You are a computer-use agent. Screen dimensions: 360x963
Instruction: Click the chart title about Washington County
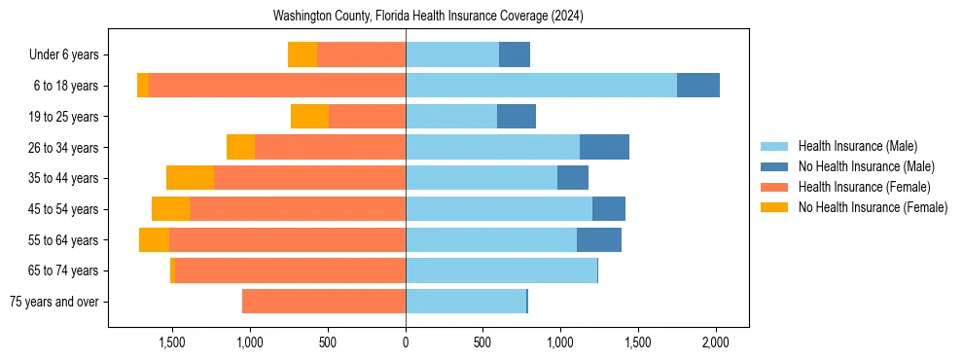point(428,17)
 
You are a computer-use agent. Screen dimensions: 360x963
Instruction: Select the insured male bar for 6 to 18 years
point(541,86)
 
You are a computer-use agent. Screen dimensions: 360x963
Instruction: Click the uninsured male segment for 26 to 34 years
point(604,147)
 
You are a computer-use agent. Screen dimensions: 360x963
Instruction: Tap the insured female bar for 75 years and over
point(324,302)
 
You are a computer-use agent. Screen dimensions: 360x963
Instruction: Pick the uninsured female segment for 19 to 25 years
point(309,117)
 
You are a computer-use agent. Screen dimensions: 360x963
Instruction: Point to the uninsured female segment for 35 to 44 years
point(190,178)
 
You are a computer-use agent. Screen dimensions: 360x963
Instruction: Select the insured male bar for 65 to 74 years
point(501,270)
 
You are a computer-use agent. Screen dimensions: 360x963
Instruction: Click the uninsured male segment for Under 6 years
point(515,54)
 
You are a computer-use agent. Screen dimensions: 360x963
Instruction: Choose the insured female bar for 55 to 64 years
point(287,239)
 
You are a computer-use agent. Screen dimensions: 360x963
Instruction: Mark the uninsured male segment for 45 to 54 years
point(609,209)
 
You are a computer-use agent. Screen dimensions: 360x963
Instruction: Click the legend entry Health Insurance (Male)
point(857,146)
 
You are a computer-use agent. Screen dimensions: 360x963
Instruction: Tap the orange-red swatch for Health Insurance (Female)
point(774,187)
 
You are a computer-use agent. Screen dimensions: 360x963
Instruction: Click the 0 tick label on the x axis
point(406,342)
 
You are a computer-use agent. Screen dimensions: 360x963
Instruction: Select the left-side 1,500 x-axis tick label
point(172,342)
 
